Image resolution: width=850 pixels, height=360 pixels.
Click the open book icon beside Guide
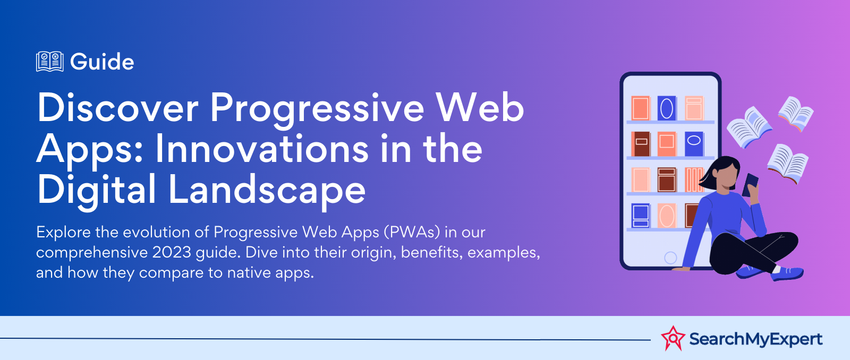pos(50,62)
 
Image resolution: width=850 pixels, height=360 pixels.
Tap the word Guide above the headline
pos(102,62)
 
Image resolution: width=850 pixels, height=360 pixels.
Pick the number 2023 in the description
pos(172,252)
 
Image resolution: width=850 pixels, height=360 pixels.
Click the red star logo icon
pos(673,338)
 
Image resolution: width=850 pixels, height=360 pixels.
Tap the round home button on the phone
pos(670,258)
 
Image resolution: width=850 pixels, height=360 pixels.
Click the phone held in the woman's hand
pos(750,185)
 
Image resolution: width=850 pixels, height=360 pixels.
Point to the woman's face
pos(726,177)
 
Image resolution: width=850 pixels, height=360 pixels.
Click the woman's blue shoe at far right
pos(787,273)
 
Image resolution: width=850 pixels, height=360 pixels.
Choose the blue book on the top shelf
pos(667,108)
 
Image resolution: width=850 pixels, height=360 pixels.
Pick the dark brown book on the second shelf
pos(641,144)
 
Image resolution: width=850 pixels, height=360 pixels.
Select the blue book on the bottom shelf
pos(641,216)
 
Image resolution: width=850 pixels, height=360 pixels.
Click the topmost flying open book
pos(796,114)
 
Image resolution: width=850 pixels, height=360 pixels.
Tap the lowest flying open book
pos(787,164)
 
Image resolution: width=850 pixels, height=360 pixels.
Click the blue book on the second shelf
pos(694,144)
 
